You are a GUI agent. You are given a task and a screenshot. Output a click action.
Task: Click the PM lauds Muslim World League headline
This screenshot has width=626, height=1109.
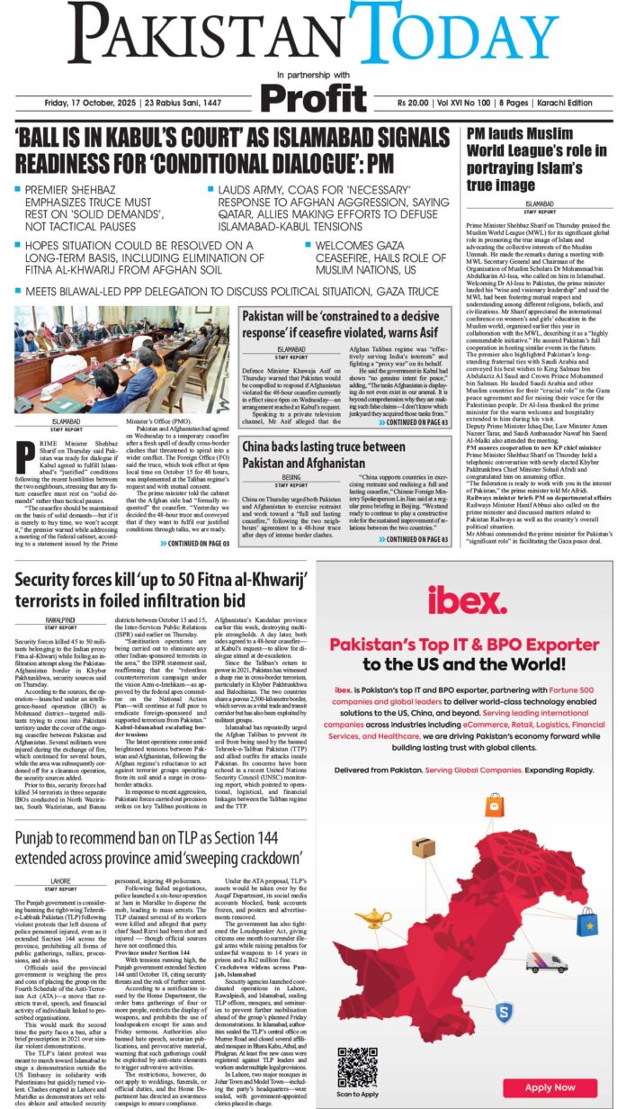pyautogui.click(x=525, y=159)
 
